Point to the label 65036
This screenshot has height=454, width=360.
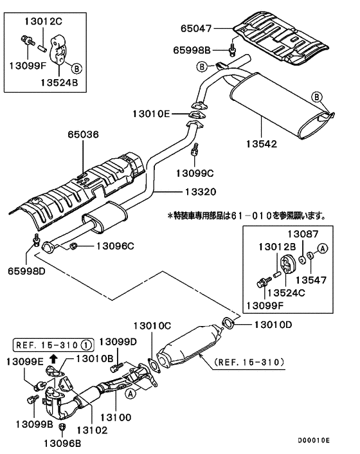84,136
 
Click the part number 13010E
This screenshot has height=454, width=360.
152,113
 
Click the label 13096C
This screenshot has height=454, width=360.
116,246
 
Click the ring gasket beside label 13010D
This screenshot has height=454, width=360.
228,322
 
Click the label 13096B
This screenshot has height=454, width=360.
63,442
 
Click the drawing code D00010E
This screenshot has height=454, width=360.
314,440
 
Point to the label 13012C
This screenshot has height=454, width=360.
44,21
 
